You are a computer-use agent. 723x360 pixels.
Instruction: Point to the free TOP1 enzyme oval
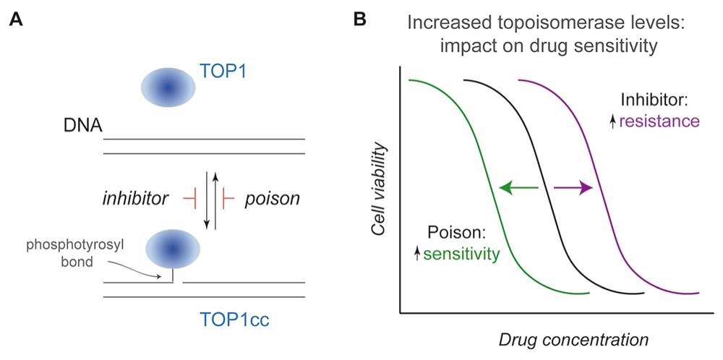[168, 87]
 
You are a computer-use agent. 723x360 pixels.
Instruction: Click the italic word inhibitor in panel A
[135, 199]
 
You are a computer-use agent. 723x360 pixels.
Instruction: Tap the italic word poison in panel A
[272, 199]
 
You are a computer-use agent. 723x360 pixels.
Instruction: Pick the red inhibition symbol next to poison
[228, 199]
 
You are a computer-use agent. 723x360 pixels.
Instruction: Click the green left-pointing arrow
[518, 188]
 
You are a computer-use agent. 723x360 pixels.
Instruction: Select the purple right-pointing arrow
[573, 188]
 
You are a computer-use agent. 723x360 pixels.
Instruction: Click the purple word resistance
[659, 121]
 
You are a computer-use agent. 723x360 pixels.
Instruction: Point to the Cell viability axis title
[379, 190]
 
